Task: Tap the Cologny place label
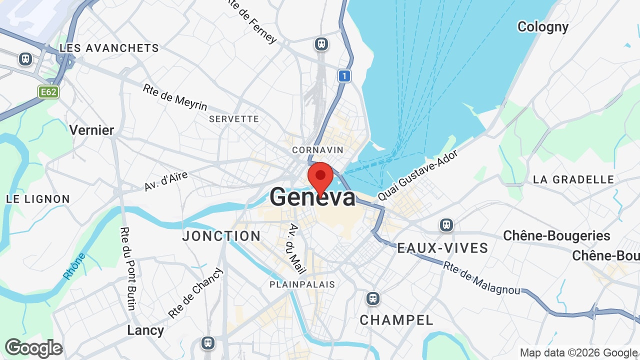tap(542, 26)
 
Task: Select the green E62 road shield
tap(48, 92)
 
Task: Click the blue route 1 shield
tap(343, 76)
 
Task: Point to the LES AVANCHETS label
tap(109, 48)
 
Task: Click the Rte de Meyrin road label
tap(175, 97)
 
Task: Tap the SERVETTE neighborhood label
tap(234, 119)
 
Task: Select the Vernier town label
tap(91, 130)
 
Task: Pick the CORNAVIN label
tap(318, 150)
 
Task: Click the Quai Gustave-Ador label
tap(417, 174)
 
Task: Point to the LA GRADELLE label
tap(573, 179)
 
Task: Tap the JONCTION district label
tap(221, 236)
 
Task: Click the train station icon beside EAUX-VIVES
tap(446, 225)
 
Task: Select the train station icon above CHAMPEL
tap(372, 298)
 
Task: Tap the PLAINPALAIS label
tap(302, 284)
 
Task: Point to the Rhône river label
tap(74, 266)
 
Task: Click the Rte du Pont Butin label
tap(127, 268)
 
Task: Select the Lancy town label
tap(145, 330)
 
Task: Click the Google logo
tap(33, 348)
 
